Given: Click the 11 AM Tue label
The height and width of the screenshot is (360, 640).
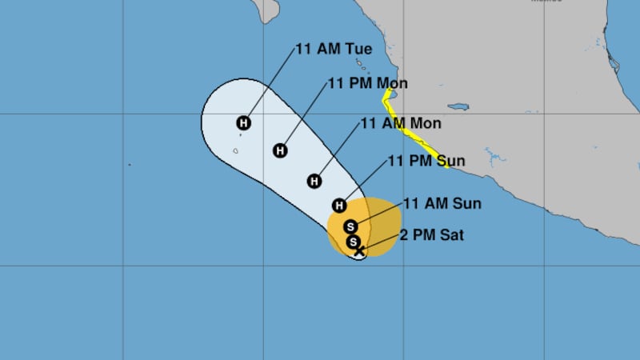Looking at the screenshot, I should coord(334,49).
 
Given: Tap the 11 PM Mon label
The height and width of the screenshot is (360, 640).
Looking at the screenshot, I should coord(368,84).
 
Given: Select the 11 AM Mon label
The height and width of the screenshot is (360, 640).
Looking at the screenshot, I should coord(401,124).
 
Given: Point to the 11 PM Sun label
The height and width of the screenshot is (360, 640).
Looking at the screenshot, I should coord(426,162).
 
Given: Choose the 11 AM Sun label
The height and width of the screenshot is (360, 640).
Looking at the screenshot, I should coord(442,203).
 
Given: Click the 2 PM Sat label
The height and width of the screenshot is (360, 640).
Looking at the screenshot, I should coord(434,235).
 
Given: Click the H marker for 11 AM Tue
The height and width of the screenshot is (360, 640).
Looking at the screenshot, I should coord(244,122).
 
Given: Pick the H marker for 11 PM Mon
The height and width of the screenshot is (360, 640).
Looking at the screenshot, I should coord(280,150).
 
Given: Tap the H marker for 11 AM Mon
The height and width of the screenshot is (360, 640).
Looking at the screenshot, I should coord(314,181).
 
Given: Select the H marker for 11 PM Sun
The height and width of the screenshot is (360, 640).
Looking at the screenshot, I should coord(340,205).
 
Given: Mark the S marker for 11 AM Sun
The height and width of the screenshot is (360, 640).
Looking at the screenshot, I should coord(350,226).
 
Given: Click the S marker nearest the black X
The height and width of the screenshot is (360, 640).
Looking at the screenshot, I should coord(354,242).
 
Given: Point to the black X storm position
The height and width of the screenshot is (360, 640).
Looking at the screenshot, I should coord(360,250).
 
